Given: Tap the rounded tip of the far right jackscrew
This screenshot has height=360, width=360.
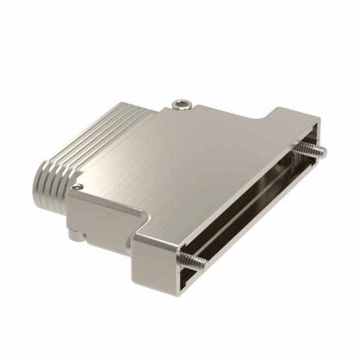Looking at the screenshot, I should pos(325,152).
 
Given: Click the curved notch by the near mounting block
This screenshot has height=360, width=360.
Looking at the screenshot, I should pos(143,218).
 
